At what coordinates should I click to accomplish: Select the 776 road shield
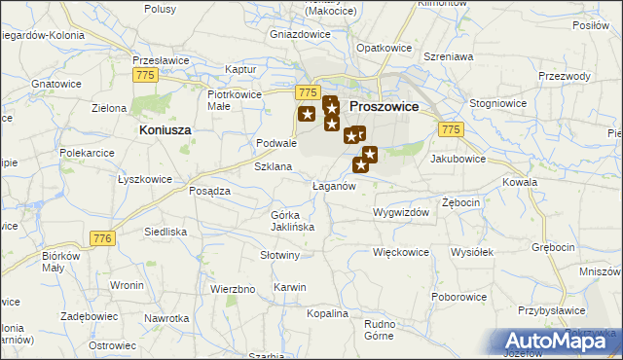click(101, 237)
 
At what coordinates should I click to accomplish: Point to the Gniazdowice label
click(300, 32)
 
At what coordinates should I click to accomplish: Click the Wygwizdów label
click(400, 210)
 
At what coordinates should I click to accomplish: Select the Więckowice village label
click(401, 251)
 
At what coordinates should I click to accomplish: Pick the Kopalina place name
click(326, 313)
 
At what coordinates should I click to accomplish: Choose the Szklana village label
click(274, 166)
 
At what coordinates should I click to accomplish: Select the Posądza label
click(209, 191)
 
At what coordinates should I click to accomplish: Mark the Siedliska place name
click(165, 232)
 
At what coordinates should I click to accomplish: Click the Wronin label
click(127, 285)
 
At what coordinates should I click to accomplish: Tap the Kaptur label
click(239, 70)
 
